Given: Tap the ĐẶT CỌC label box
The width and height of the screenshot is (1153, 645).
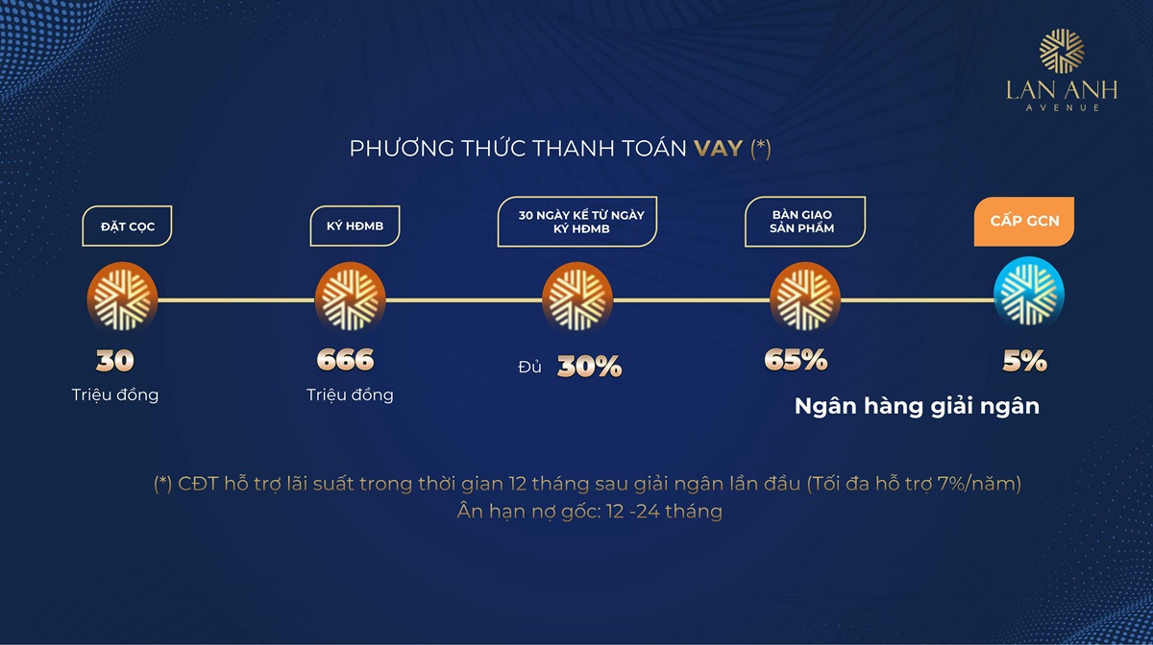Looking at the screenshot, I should click(x=127, y=227).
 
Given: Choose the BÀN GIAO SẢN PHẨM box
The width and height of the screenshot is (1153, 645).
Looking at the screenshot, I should click(x=804, y=222).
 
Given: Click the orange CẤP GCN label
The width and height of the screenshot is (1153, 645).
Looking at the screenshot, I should click(x=1024, y=222).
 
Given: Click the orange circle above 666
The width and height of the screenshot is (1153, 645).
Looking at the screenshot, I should click(x=349, y=299).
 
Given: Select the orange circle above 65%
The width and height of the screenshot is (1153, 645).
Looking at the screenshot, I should click(x=804, y=299).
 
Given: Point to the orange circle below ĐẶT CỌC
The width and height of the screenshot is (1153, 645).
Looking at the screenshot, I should click(x=121, y=299).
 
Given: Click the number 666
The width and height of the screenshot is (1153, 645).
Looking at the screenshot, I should click(x=345, y=361).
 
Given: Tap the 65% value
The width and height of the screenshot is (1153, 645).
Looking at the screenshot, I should click(x=796, y=360).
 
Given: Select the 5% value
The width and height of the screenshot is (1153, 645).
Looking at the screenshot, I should click(x=1024, y=361).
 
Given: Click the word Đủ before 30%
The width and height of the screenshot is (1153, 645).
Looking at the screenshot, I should click(x=529, y=367).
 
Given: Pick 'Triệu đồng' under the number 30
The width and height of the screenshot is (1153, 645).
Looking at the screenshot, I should click(x=114, y=394).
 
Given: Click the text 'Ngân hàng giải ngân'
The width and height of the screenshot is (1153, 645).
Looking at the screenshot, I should click(x=917, y=406).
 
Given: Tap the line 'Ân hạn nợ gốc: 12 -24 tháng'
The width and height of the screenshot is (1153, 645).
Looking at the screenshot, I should click(x=589, y=512).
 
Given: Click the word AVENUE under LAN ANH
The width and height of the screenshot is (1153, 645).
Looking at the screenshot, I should click(x=1056, y=108).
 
